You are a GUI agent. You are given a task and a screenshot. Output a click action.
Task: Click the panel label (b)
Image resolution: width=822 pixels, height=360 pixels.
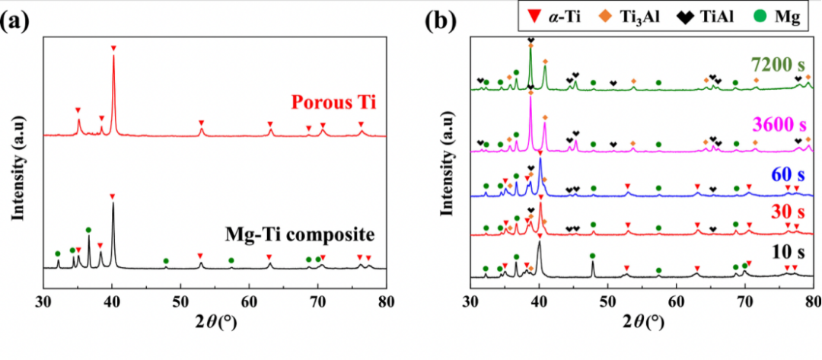click(x=443, y=20)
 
